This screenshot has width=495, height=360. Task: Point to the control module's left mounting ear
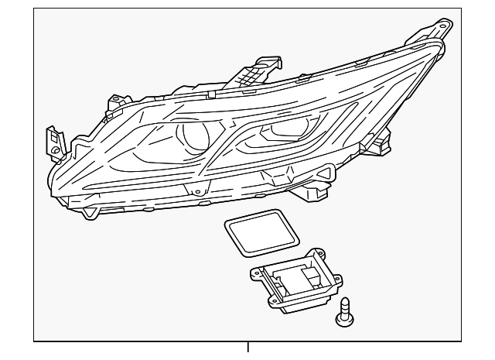coord(256,272)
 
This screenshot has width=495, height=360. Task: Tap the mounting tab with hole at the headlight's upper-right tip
coord(443,26)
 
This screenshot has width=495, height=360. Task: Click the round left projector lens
coord(194,138)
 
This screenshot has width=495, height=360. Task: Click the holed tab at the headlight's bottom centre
coord(196,190)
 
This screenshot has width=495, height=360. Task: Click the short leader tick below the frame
coord(247,348)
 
